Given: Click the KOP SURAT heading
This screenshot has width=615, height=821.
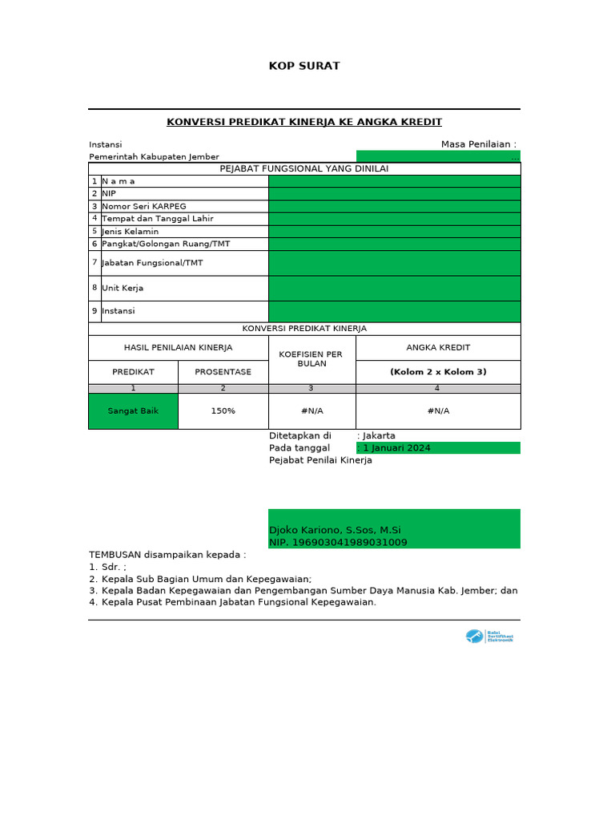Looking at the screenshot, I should click(304, 66).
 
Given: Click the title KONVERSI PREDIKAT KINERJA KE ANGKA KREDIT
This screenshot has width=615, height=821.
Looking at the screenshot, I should click(304, 122).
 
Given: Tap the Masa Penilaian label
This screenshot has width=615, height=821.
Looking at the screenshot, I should click(478, 144).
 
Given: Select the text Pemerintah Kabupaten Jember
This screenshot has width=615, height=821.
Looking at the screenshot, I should click(154, 157).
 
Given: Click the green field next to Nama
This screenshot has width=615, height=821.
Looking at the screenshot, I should click(394, 181).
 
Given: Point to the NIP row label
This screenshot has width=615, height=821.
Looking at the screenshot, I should click(110, 193).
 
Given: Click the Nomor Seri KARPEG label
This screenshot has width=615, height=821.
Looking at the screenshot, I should click(143, 206).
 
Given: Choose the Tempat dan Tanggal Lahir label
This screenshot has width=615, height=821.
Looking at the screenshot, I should click(157, 219).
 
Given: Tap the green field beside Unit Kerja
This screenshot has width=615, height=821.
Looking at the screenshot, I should click(394, 288).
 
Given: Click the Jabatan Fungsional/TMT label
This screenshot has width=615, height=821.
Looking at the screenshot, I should click(152, 263).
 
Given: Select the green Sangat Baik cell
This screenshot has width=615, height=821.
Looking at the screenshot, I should click(133, 411).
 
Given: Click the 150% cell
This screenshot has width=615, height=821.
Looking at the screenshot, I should click(223, 411).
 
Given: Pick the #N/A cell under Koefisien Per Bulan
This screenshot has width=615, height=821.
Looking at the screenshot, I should click(312, 411).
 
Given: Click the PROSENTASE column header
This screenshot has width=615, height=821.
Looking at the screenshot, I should click(223, 372).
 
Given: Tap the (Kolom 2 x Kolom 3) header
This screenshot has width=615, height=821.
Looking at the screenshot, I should click(438, 372).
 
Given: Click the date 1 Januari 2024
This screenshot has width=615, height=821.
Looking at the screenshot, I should click(397, 448).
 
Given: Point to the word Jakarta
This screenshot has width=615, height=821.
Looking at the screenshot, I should click(379, 436).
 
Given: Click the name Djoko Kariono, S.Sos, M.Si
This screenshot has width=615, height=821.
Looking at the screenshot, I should click(335, 530).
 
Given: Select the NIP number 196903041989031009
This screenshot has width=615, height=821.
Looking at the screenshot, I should click(338, 543).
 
